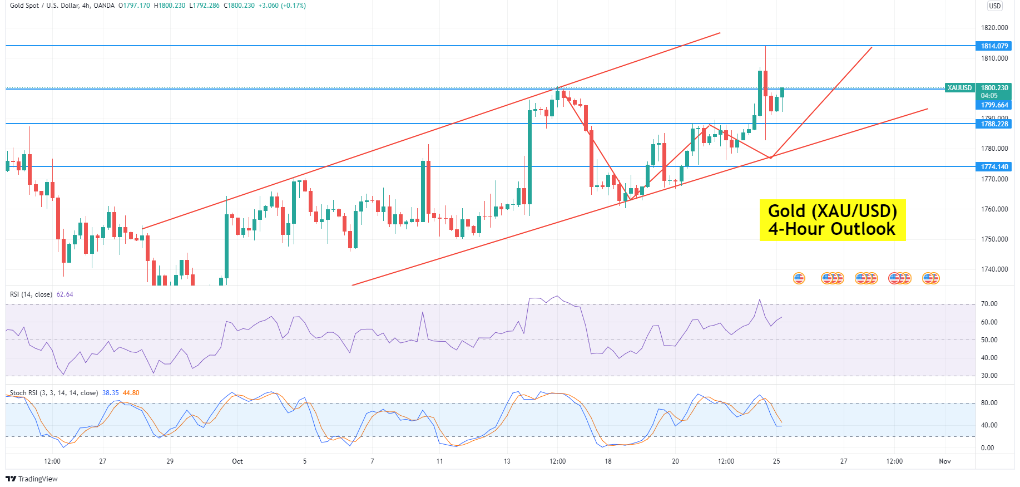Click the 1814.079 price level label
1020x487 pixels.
(994, 46)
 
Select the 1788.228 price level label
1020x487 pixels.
(994, 124)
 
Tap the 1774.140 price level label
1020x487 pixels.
(994, 167)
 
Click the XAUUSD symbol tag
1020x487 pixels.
(959, 88)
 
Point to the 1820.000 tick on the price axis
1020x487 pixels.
(994, 28)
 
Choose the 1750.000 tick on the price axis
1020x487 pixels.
(994, 239)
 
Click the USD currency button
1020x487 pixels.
(994, 6)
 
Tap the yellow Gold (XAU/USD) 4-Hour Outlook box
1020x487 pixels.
(832, 220)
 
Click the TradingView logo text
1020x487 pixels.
(32, 479)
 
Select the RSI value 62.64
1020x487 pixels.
(65, 294)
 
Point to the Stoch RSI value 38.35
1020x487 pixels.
(111, 393)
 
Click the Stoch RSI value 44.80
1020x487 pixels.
(131, 393)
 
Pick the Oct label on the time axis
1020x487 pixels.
(237, 461)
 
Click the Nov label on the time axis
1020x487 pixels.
(944, 461)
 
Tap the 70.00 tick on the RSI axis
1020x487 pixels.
(989, 304)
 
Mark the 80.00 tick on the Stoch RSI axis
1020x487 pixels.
(989, 403)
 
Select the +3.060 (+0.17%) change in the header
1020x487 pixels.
(282, 6)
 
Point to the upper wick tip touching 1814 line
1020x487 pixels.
(765, 47)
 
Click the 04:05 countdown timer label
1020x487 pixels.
(989, 96)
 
